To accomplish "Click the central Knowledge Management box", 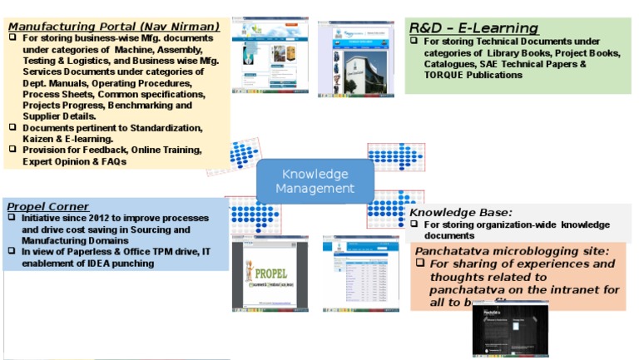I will click(x=315, y=181).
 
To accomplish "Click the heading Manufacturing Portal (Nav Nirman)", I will click(x=114, y=27).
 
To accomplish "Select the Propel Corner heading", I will click(x=47, y=206).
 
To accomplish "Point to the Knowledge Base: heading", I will click(x=460, y=212).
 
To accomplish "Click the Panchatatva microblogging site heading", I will click(x=512, y=250).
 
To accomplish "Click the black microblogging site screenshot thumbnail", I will click(x=510, y=329).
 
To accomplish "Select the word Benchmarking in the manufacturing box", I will click(x=142, y=106).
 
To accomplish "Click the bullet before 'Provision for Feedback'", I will click(x=12, y=150).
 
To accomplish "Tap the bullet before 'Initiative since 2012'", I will click(x=12, y=218).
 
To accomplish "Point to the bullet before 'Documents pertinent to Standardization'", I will click(x=12, y=127).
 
